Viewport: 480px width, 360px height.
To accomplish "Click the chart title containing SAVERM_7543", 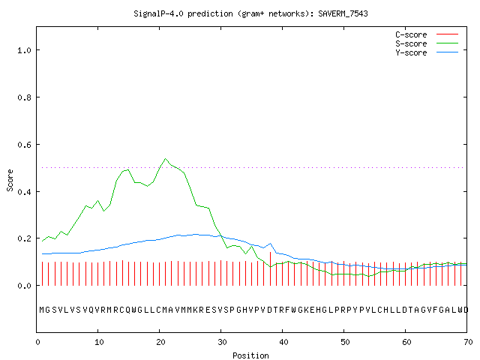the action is (x=250, y=13).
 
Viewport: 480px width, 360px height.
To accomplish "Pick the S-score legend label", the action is (x=411, y=43).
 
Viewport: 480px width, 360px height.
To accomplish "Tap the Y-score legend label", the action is (x=411, y=52).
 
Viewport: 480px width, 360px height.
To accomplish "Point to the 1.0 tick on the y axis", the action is (x=25, y=50).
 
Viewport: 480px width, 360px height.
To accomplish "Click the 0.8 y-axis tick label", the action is (x=25, y=97).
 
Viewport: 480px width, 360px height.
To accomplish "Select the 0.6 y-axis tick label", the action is (x=25, y=145).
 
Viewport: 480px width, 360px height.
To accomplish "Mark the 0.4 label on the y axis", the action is (x=25, y=192).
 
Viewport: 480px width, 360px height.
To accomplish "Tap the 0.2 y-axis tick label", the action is (x=25, y=238).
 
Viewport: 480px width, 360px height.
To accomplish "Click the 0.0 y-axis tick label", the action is (x=25, y=286).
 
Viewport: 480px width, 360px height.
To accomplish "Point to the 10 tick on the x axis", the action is (x=99, y=342).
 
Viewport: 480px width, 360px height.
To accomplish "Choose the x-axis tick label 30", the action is (x=222, y=342).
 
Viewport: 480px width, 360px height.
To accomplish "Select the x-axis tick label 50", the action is (x=345, y=342).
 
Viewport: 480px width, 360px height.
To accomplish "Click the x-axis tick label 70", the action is (x=468, y=342).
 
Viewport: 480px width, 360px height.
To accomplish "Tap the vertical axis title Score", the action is (x=10, y=180).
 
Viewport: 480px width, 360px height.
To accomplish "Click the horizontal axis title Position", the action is (x=250, y=355).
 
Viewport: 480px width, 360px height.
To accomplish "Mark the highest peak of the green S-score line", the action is (x=165, y=158).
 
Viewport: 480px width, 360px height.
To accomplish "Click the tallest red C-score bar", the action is (x=270, y=268).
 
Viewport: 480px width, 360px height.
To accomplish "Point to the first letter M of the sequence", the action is (x=42, y=310).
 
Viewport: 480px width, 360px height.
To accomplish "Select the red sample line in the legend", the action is (x=447, y=34).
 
